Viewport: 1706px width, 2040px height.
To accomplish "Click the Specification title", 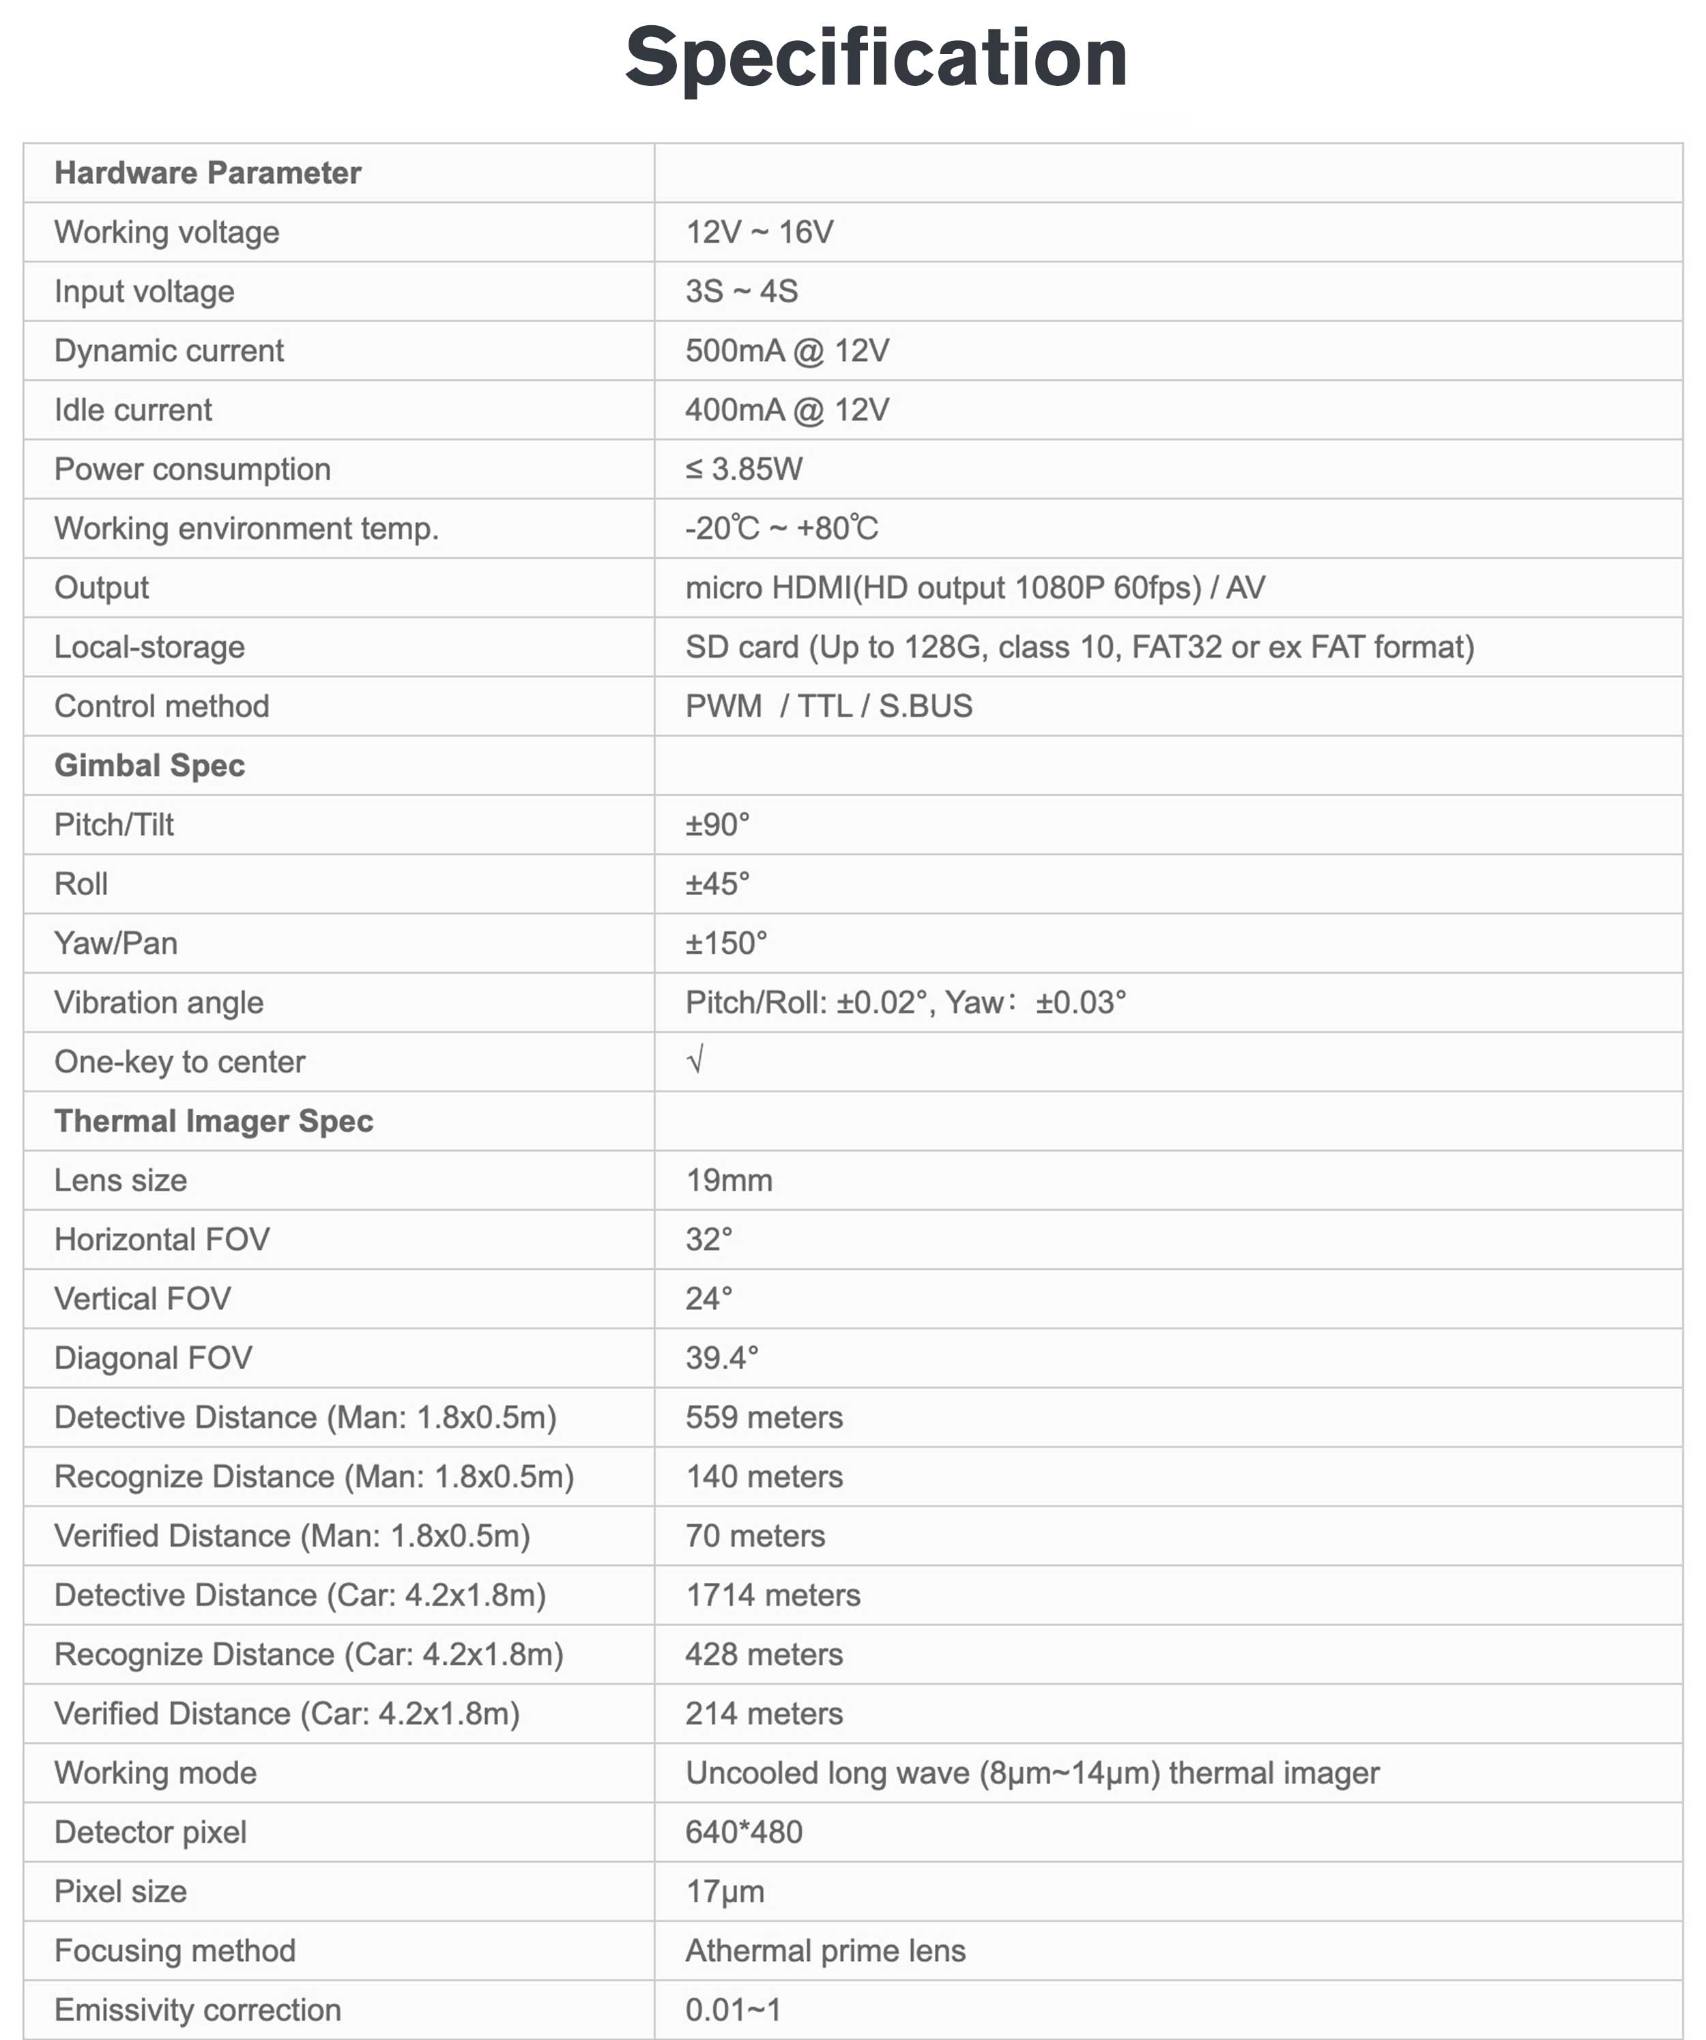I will (876, 57).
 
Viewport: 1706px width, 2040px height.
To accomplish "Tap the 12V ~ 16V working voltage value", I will (759, 232).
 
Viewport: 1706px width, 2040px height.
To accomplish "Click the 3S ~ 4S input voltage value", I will (741, 291).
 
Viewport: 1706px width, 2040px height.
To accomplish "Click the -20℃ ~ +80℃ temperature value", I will (781, 529).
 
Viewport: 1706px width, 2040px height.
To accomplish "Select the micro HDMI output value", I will (974, 587).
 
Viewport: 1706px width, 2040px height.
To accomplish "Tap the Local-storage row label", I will (149, 647).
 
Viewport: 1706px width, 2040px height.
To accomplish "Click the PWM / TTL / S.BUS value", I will (828, 706).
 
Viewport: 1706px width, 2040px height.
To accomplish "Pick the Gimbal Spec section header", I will (149, 766).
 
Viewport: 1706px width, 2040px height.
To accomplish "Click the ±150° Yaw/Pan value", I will (725, 944).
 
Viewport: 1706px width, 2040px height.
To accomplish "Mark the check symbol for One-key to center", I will (695, 1060).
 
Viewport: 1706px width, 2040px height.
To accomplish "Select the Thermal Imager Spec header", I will (213, 1121).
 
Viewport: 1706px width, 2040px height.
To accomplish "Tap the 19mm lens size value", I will (729, 1180).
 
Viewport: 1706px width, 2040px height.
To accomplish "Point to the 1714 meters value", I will (772, 1595).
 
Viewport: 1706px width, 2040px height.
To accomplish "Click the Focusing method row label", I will (174, 1951).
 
